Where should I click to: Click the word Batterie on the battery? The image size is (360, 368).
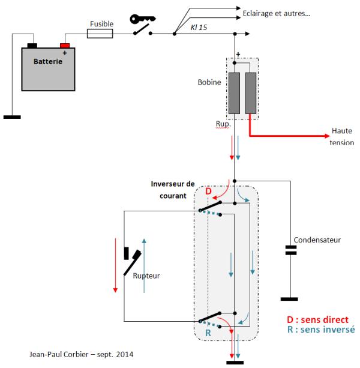[48, 61]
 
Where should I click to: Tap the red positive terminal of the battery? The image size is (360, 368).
[65, 46]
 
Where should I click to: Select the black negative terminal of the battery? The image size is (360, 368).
[32, 46]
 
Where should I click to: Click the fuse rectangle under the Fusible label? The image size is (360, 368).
[100, 34]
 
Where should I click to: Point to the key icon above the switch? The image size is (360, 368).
[142, 19]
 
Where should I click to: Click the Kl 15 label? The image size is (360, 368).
[199, 28]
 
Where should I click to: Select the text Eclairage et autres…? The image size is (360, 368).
[277, 13]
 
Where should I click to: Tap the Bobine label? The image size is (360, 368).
[209, 82]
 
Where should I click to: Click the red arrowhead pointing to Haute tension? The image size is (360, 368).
[327, 136]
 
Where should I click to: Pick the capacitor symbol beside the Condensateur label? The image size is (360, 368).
[291, 250]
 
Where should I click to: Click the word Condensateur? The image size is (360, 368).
[317, 240]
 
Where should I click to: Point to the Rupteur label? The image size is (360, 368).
[146, 276]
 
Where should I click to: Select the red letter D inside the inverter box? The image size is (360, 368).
[208, 192]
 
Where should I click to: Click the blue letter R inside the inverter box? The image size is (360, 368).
[208, 333]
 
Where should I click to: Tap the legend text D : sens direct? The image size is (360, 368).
[317, 319]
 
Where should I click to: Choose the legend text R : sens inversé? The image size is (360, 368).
[321, 330]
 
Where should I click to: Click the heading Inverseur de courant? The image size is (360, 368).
[173, 190]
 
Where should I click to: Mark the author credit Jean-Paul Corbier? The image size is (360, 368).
[59, 354]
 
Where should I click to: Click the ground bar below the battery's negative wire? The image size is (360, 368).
[12, 117]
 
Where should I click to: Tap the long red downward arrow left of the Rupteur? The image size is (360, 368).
[115, 265]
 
